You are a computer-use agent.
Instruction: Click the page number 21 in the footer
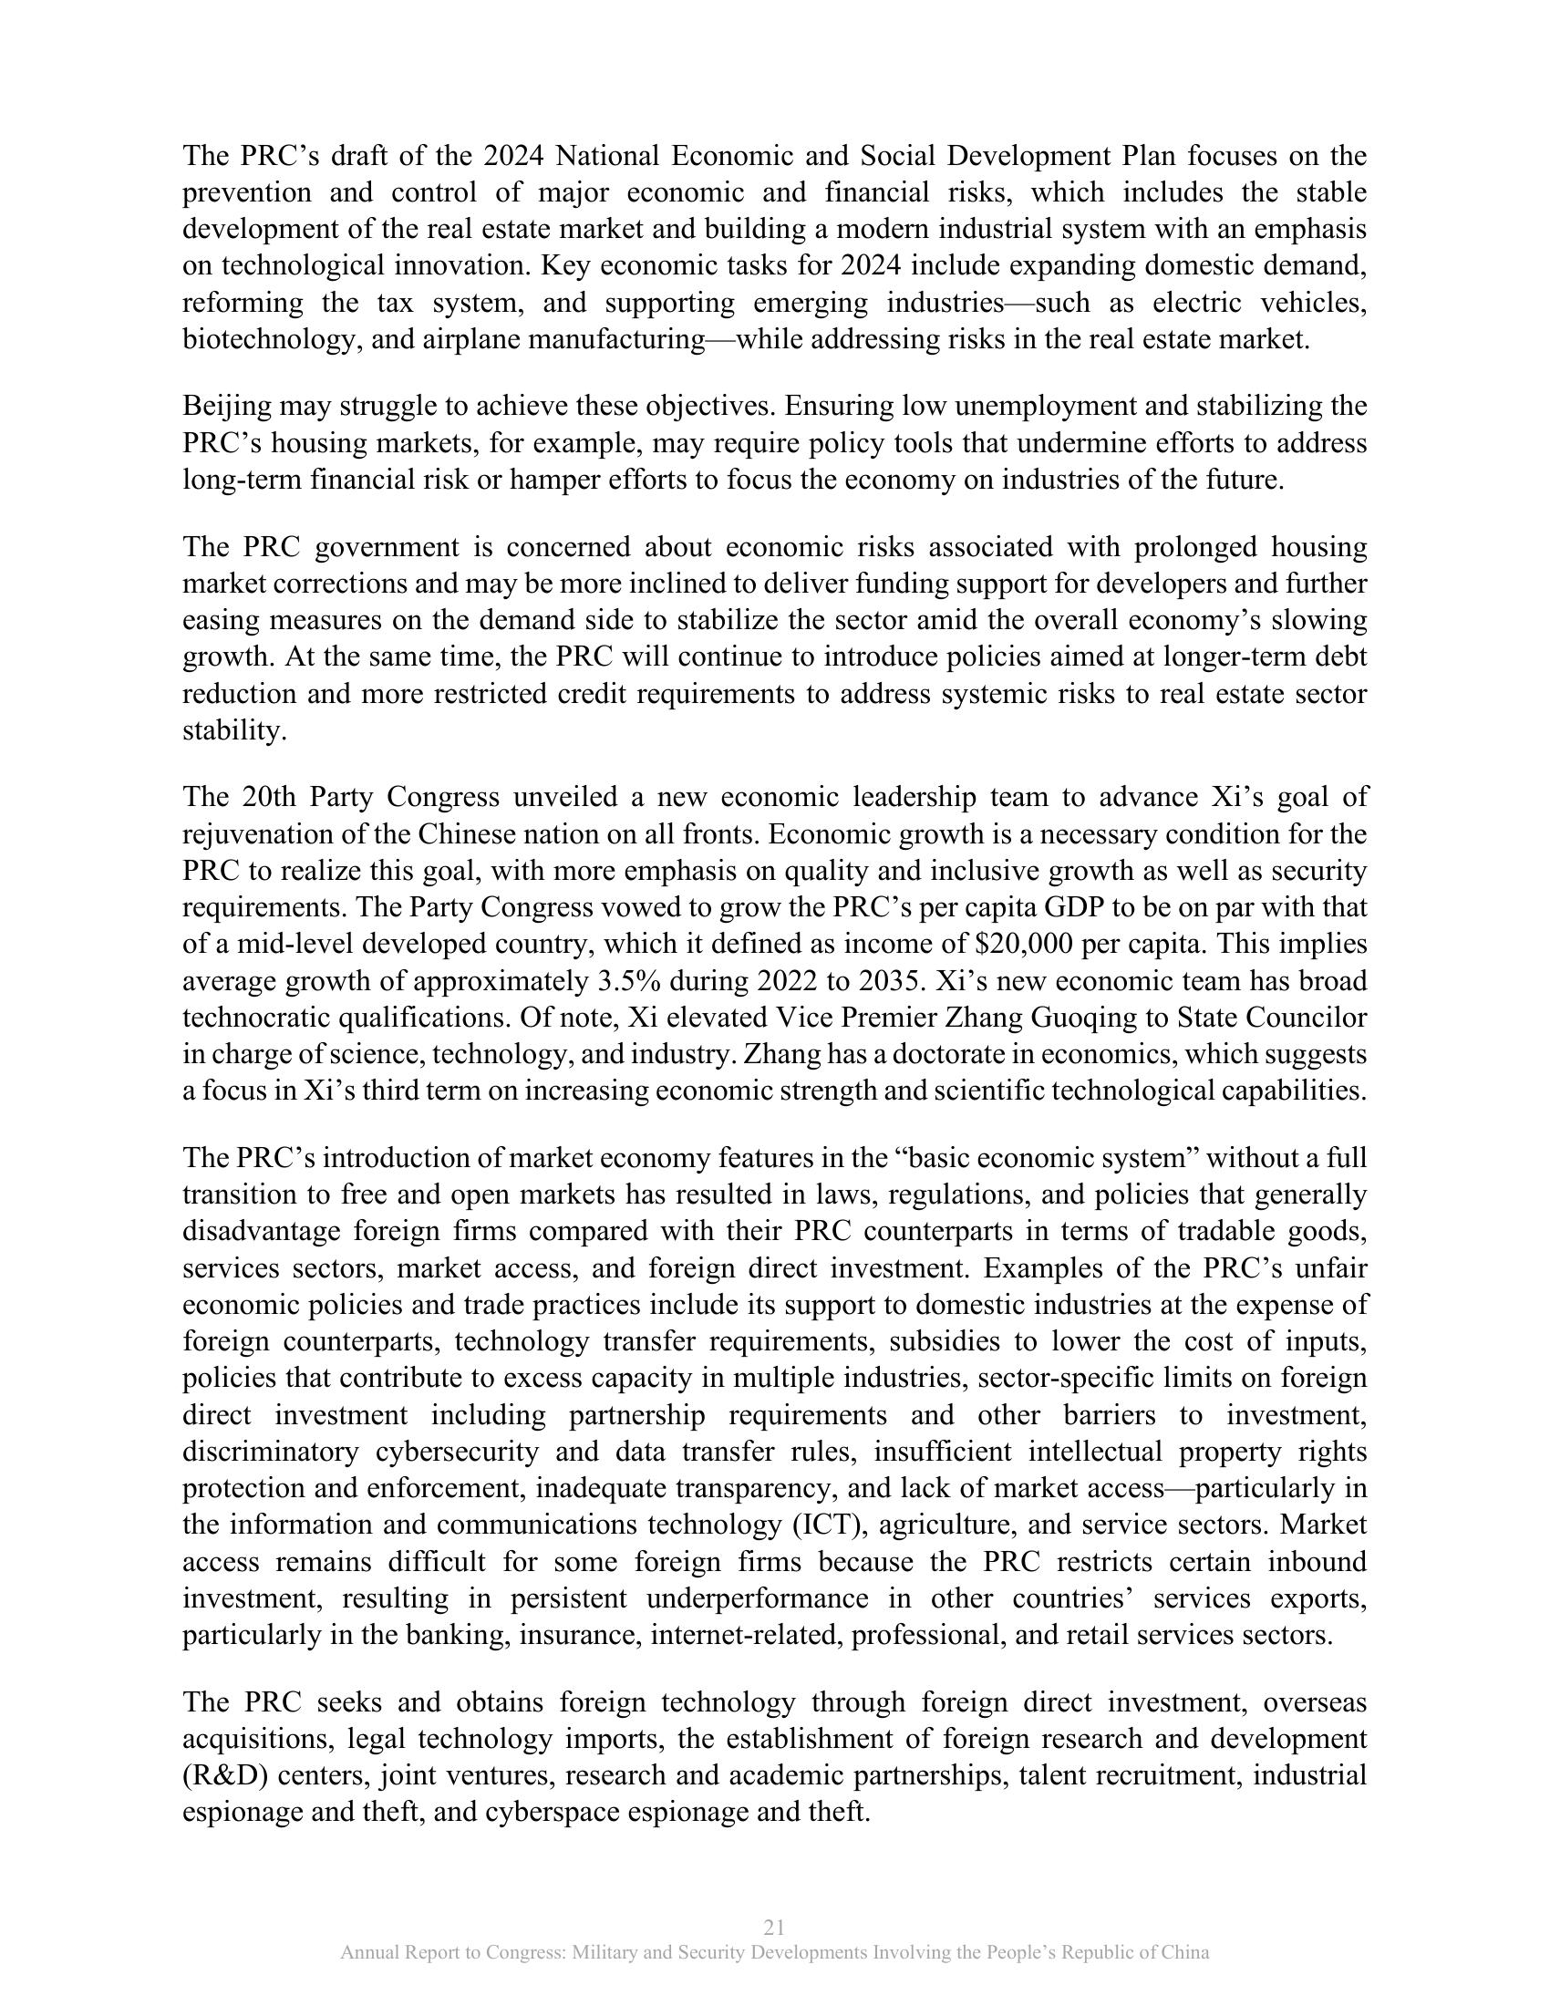(774, 1927)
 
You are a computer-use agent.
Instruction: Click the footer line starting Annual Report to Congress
(774, 1953)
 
